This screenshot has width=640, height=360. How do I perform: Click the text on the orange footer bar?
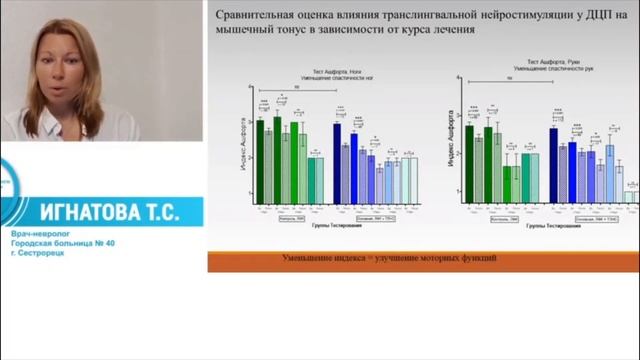point(390,260)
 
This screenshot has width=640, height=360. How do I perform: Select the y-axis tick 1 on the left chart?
point(250,180)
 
